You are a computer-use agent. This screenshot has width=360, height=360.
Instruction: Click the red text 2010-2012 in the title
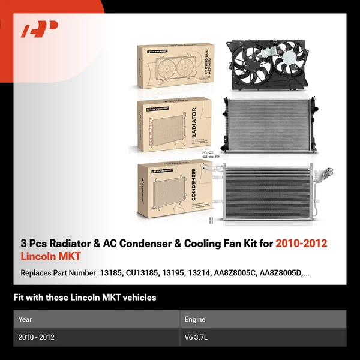tap(302, 244)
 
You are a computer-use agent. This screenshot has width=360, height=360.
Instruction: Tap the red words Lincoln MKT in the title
tap(50, 257)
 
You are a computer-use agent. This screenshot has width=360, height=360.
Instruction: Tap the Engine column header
tap(195, 319)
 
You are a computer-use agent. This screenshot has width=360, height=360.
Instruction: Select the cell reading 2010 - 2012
tap(37, 337)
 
